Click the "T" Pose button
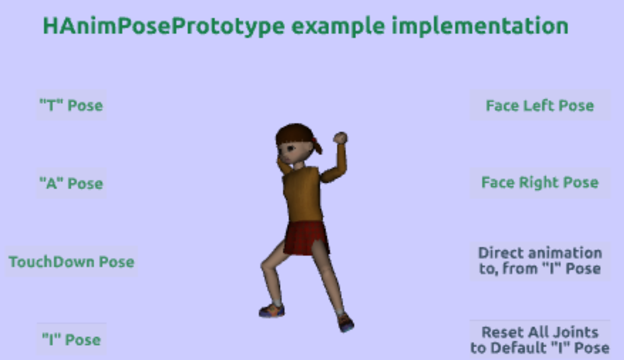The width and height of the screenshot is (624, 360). pos(71,105)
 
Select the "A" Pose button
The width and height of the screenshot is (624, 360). pos(71,183)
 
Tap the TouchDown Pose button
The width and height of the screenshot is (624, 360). pos(71,262)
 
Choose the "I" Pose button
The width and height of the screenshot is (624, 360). pos(71,340)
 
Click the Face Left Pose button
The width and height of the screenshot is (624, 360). pos(540,105)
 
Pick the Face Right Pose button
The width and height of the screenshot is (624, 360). pos(540,183)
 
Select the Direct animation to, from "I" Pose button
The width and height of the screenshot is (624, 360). pos(540,261)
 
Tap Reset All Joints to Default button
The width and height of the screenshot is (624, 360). pos(540,340)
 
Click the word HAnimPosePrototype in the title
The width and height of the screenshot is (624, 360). pos(164,26)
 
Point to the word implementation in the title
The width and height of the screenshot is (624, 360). pos(480,26)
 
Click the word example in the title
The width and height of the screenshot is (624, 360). pos(338,27)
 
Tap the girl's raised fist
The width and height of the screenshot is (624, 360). pos(341,138)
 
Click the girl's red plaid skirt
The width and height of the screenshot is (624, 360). pos(306,238)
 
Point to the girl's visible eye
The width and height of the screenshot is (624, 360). pos(291,148)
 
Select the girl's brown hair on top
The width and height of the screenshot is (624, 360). pos(294,134)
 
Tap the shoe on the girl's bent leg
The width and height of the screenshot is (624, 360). pos(272,310)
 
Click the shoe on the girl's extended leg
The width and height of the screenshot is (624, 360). pos(345,323)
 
